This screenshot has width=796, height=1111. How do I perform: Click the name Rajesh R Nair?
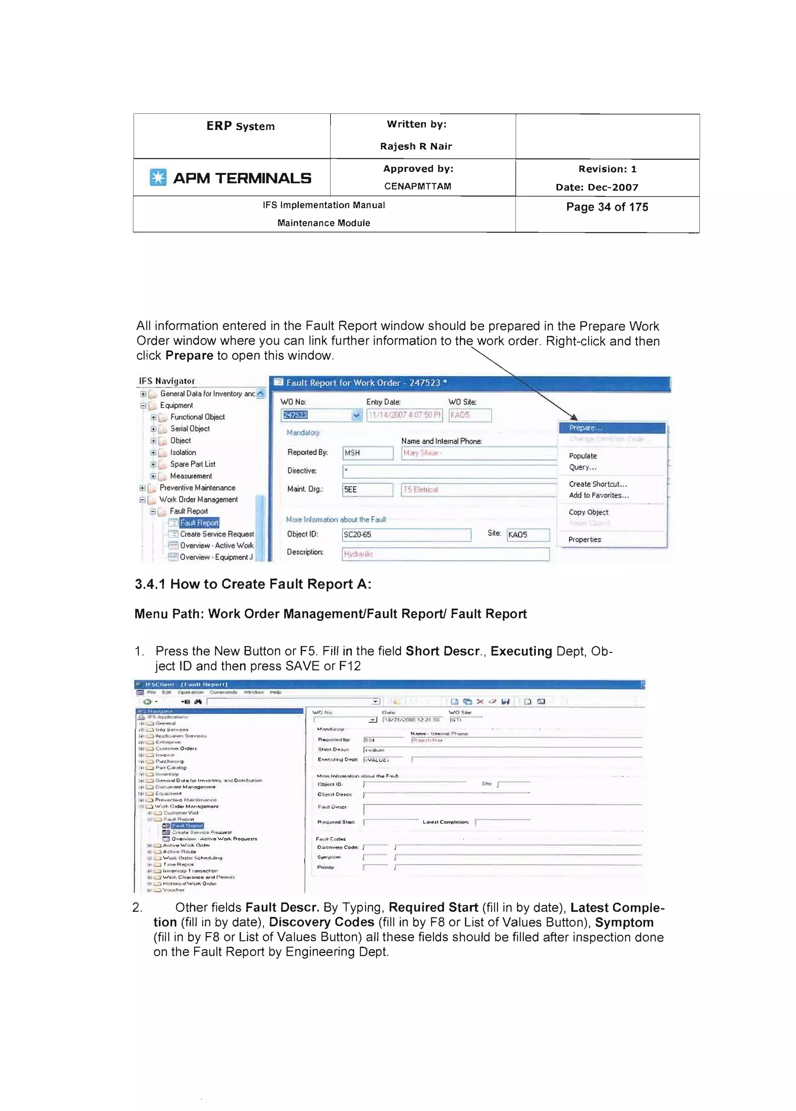click(x=416, y=146)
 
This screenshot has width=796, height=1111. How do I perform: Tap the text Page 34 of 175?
click(x=607, y=207)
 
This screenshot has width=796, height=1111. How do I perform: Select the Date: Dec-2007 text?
click(x=597, y=187)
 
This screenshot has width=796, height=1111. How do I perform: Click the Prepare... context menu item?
click(x=585, y=427)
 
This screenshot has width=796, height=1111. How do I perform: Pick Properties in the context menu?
click(x=585, y=539)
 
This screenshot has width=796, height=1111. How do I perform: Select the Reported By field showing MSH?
click(x=367, y=453)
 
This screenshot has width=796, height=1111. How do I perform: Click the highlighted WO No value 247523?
click(x=295, y=415)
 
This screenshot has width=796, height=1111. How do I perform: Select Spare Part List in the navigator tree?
click(x=192, y=464)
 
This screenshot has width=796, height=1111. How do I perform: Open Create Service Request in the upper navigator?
click(x=216, y=534)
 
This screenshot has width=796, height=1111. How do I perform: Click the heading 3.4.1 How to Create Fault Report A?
click(x=253, y=584)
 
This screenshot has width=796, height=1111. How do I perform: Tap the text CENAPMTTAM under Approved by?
click(x=417, y=186)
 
